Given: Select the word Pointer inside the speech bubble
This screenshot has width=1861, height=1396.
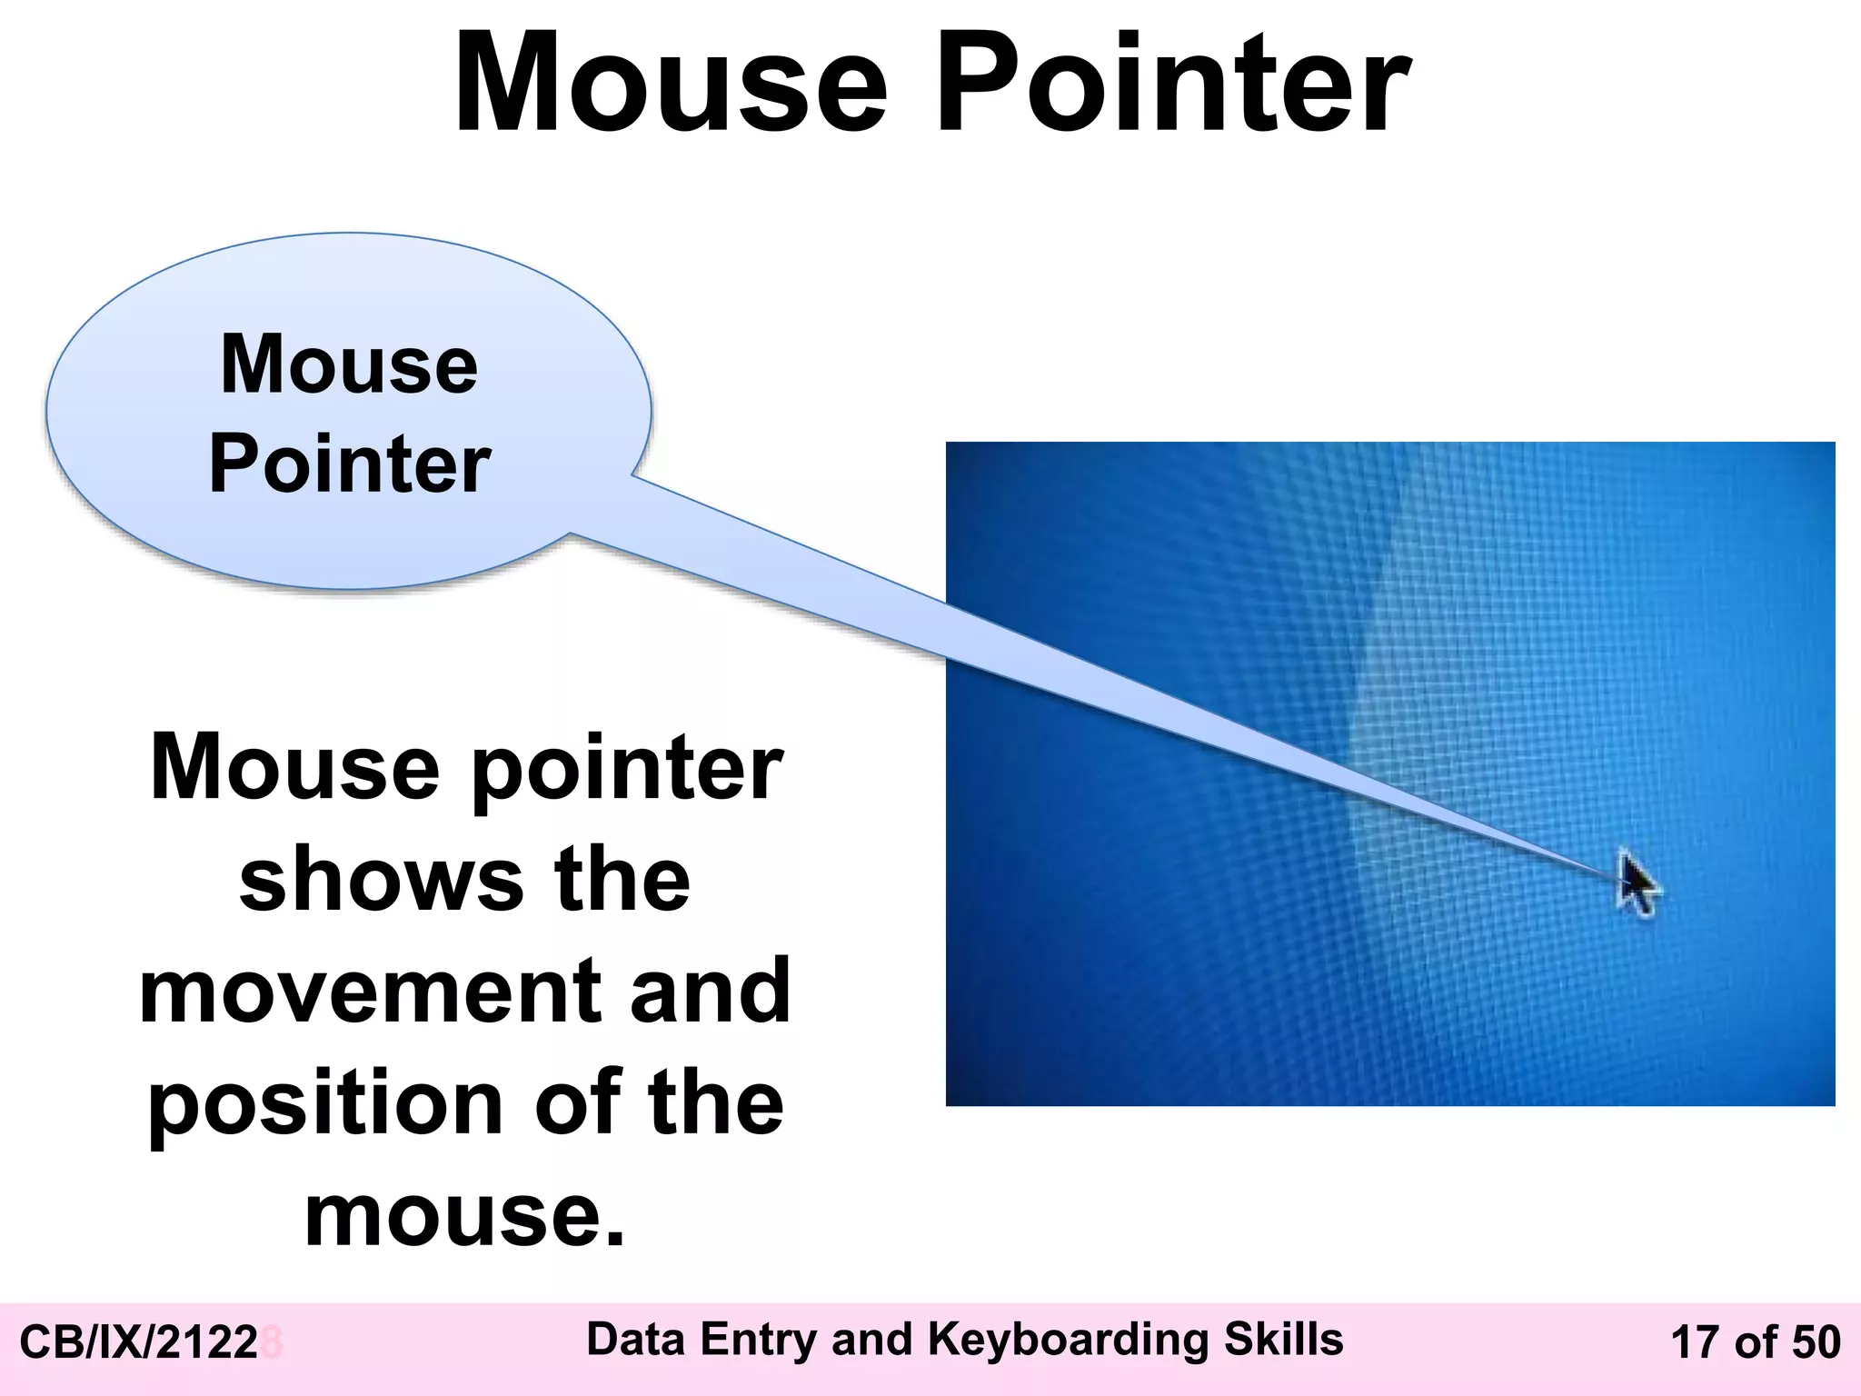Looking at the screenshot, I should point(350,464).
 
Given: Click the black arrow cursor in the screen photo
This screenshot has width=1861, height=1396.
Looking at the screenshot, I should point(1637,882).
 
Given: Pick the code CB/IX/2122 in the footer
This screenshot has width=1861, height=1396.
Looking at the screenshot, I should point(138,1343).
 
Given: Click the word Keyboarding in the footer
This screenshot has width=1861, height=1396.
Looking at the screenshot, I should point(1069,1340).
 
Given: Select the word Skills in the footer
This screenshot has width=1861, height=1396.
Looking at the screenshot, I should point(1283,1340).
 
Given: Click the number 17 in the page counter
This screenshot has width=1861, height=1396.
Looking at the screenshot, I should point(1697,1343).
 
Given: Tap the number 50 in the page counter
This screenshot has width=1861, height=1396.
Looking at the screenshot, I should point(1816,1343).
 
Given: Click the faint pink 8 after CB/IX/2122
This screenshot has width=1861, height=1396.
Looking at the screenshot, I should point(272,1343).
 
